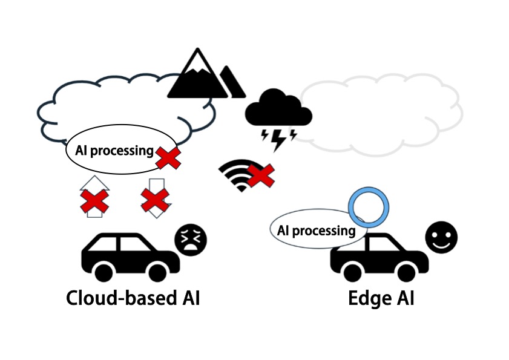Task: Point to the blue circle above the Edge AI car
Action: (x=369, y=207)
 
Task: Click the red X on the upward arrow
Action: (x=94, y=200)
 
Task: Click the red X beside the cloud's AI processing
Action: (x=169, y=158)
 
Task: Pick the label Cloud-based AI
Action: (x=133, y=298)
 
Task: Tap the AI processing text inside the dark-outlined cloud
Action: (x=114, y=151)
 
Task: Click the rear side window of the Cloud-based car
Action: (x=103, y=244)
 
